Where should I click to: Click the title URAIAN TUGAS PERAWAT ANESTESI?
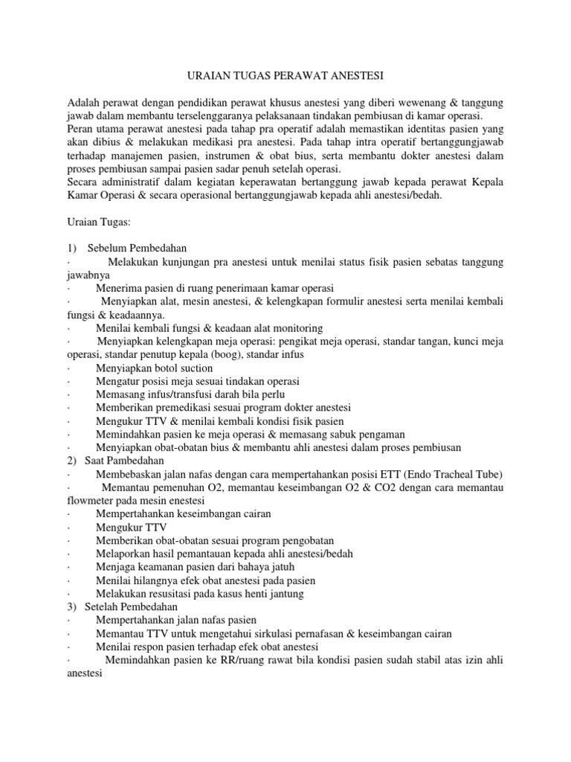(x=285, y=76)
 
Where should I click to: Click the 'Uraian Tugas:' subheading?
(x=99, y=222)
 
